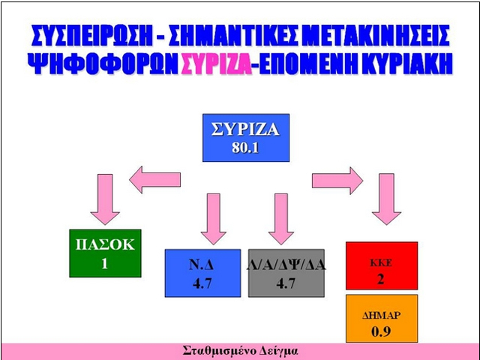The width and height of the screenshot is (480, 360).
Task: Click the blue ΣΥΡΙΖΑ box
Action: point(246,138)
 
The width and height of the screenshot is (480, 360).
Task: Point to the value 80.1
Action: point(245,148)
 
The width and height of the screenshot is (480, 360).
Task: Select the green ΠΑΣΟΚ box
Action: point(105,253)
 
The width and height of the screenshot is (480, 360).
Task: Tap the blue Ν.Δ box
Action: point(202,273)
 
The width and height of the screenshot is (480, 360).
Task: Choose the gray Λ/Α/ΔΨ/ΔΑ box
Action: point(286,273)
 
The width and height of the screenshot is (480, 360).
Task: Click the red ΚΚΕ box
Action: point(382,265)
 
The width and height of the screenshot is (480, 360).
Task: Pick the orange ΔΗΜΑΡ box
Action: point(382,318)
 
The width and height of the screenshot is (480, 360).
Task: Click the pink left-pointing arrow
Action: point(155,180)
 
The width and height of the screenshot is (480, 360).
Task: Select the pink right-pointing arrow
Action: point(337,181)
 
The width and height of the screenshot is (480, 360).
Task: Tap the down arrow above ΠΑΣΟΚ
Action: point(105,199)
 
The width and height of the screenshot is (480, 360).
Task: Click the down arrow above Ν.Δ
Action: point(213,219)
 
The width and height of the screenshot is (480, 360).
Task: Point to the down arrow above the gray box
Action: point(281,219)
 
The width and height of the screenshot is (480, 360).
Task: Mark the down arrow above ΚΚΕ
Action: point(387,199)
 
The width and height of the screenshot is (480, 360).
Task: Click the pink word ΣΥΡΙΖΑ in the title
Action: point(217,64)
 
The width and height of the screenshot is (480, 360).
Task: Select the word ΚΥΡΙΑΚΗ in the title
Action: point(407,64)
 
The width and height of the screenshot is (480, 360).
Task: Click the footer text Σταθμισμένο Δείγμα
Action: point(240,351)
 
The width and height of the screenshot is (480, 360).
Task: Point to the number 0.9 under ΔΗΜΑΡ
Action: point(381,331)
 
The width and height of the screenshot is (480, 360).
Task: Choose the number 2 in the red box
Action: point(380,279)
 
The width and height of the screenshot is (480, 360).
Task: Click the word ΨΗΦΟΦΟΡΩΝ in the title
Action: point(103,64)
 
